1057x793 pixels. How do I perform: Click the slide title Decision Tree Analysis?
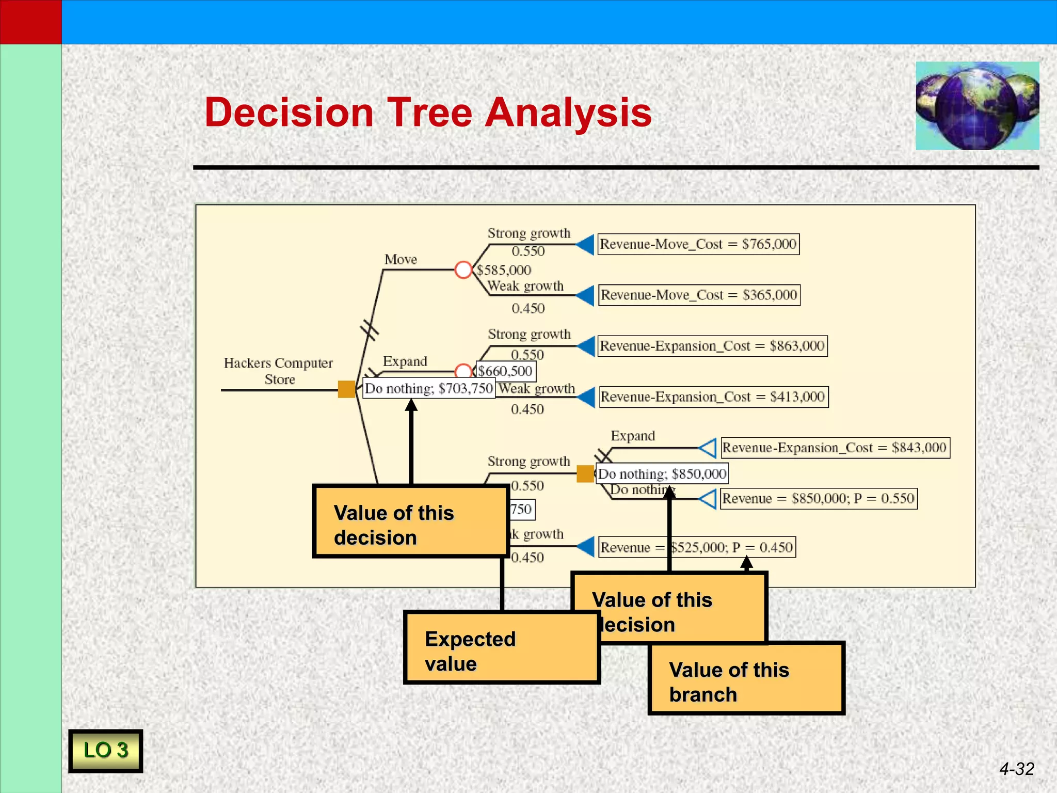click(428, 112)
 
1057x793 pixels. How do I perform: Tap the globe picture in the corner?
click(977, 106)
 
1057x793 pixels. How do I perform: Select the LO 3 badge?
click(105, 751)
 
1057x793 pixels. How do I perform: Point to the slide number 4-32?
click(1016, 769)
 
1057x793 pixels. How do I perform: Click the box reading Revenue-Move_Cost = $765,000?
click(698, 244)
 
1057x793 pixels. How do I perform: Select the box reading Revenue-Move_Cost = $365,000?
click(699, 295)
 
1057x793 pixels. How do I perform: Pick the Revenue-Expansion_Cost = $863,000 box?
click(712, 345)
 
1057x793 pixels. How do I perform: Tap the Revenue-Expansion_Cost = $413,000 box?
click(713, 396)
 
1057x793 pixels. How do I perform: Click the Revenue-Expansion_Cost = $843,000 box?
click(835, 448)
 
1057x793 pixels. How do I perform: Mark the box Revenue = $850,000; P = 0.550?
click(818, 498)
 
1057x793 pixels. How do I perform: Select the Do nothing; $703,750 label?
click(428, 388)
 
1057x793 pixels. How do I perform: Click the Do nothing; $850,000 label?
click(662, 473)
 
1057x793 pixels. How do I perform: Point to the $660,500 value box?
click(505, 371)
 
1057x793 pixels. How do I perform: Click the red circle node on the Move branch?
click(463, 269)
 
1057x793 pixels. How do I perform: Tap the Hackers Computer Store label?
click(279, 371)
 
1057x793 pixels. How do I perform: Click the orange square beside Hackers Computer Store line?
click(346, 389)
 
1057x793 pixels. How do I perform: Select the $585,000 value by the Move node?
click(504, 270)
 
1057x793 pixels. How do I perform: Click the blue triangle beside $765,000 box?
click(586, 244)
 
